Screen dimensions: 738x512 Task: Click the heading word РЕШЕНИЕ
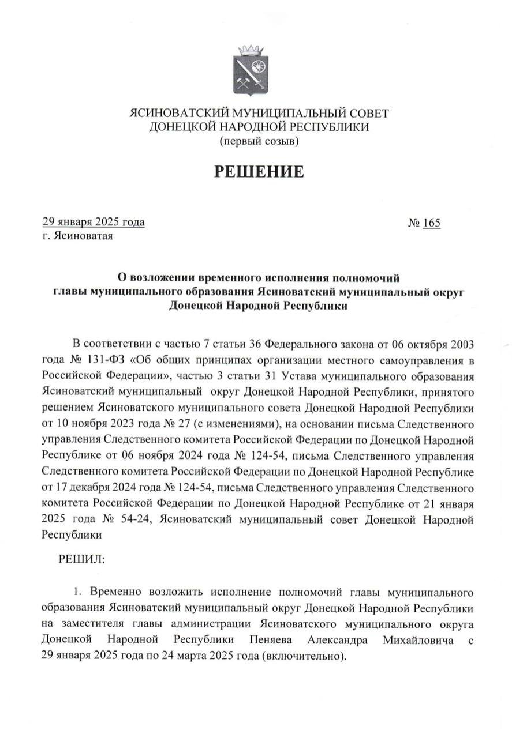click(259, 171)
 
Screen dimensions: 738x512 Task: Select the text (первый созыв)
click(259, 140)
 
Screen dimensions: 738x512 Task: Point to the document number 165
click(431, 222)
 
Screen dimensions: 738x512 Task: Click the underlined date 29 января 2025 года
click(94, 222)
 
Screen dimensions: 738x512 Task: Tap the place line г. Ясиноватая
click(77, 235)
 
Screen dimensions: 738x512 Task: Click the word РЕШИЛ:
click(81, 559)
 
